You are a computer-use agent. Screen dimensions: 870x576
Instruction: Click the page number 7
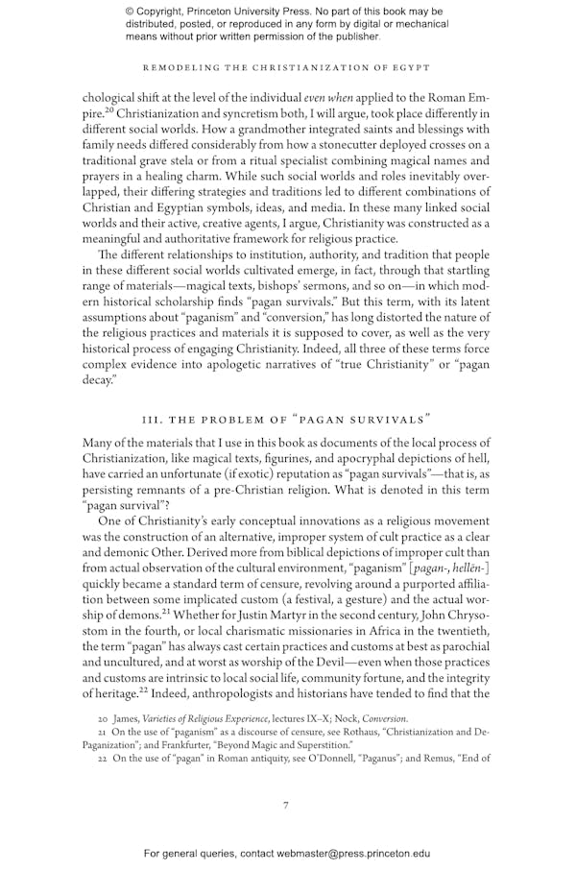tap(285, 805)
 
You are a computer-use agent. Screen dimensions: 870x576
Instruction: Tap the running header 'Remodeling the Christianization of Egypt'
tap(287, 67)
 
